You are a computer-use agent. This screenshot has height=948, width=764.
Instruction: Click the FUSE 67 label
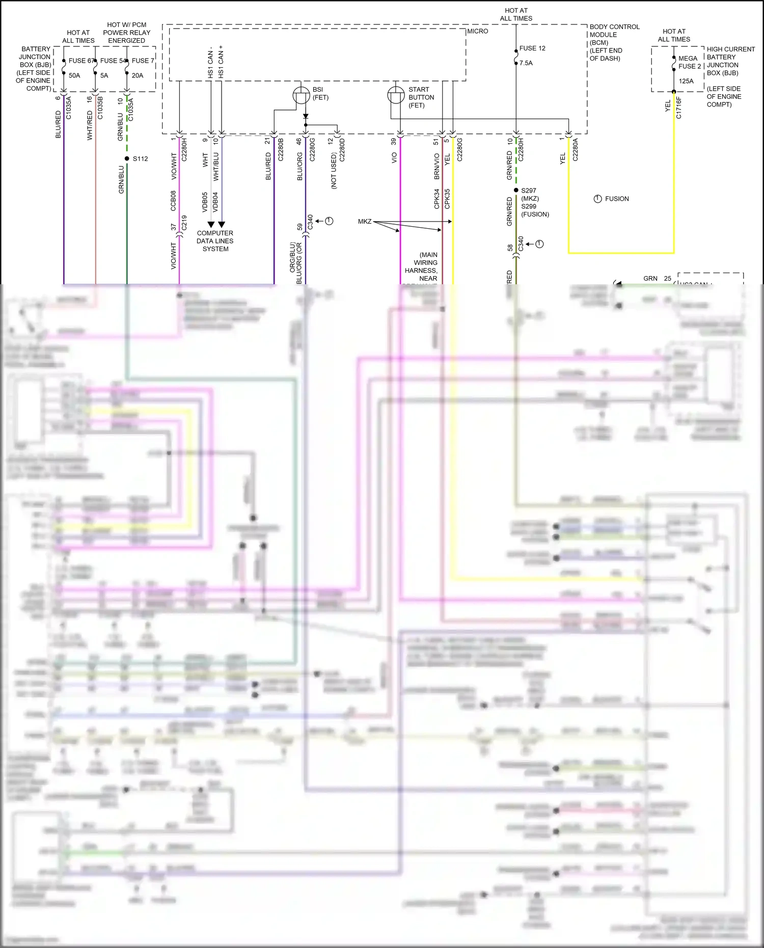pos(81,61)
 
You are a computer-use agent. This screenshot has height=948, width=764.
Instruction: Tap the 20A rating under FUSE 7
pos(138,75)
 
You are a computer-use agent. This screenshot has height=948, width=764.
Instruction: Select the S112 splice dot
pos(127,158)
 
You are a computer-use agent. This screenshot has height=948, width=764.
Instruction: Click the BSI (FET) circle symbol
pos(302,95)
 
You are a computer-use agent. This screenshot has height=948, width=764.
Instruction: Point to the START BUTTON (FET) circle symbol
pos(396,95)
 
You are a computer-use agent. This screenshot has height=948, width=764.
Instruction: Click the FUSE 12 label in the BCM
pos(532,48)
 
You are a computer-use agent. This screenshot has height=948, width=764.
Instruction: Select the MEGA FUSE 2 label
pos(689,62)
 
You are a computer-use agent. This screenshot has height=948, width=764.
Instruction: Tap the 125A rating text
pos(686,81)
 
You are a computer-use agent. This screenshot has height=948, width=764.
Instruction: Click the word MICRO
pos(478,31)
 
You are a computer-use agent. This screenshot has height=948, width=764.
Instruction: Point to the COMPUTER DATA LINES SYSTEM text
pos(215,241)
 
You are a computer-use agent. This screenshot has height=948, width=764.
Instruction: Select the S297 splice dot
pos(516,191)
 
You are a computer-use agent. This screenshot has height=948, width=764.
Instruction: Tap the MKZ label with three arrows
pos(365,222)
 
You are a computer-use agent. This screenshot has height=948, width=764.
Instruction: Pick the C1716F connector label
pos(678,107)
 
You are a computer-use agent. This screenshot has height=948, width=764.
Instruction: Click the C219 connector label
pos(184,223)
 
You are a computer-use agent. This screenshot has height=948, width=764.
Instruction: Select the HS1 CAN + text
pos(221,62)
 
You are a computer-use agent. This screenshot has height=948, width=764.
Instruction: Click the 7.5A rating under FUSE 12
pos(526,63)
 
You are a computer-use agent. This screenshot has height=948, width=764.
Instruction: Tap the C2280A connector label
pos(576,149)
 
